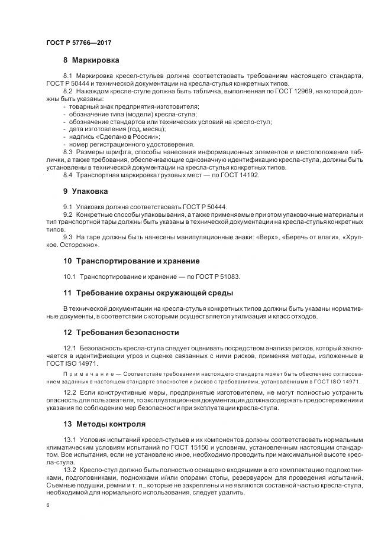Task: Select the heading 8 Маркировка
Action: tap(91, 60)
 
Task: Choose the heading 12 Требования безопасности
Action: tap(121, 332)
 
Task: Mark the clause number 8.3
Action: tap(67, 152)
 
